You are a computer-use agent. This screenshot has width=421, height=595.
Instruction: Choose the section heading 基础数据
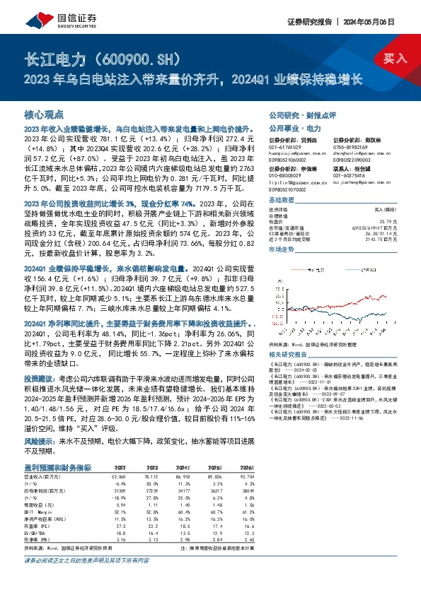(x=282, y=201)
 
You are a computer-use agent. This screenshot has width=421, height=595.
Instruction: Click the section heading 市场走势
(x=282, y=252)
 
